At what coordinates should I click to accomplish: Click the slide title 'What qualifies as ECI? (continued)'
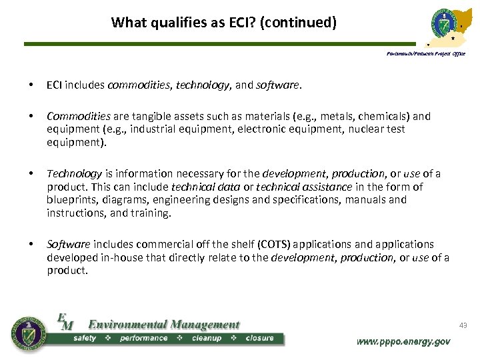click(x=224, y=23)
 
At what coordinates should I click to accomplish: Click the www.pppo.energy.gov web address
click(x=403, y=341)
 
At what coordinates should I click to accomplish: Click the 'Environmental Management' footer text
click(x=163, y=325)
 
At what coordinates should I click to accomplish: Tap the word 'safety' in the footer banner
click(x=85, y=338)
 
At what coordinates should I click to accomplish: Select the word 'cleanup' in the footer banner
click(x=206, y=338)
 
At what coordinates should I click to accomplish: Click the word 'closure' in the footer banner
click(x=259, y=338)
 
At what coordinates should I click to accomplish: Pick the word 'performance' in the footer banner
click(x=143, y=338)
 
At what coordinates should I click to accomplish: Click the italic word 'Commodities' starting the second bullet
click(x=73, y=116)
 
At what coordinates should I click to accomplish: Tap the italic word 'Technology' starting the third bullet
click(x=74, y=174)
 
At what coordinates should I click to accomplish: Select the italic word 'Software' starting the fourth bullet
click(x=68, y=245)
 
